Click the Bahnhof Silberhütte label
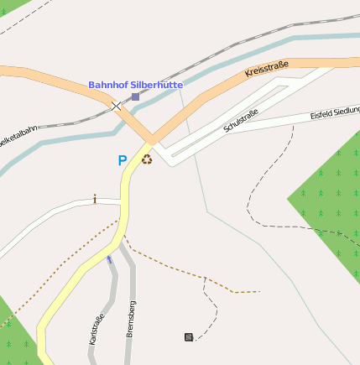[x=136, y=86]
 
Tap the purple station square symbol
[x=136, y=97]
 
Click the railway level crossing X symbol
[x=116, y=107]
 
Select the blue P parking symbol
[x=123, y=159]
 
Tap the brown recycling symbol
[x=147, y=159]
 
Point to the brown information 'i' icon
[x=95, y=199]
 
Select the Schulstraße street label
[x=241, y=121]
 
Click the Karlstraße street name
[x=97, y=329]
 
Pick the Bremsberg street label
[x=130, y=318]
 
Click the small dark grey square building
[x=189, y=337]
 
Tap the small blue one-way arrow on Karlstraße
[x=109, y=259]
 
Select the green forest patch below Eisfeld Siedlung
[x=331, y=201]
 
